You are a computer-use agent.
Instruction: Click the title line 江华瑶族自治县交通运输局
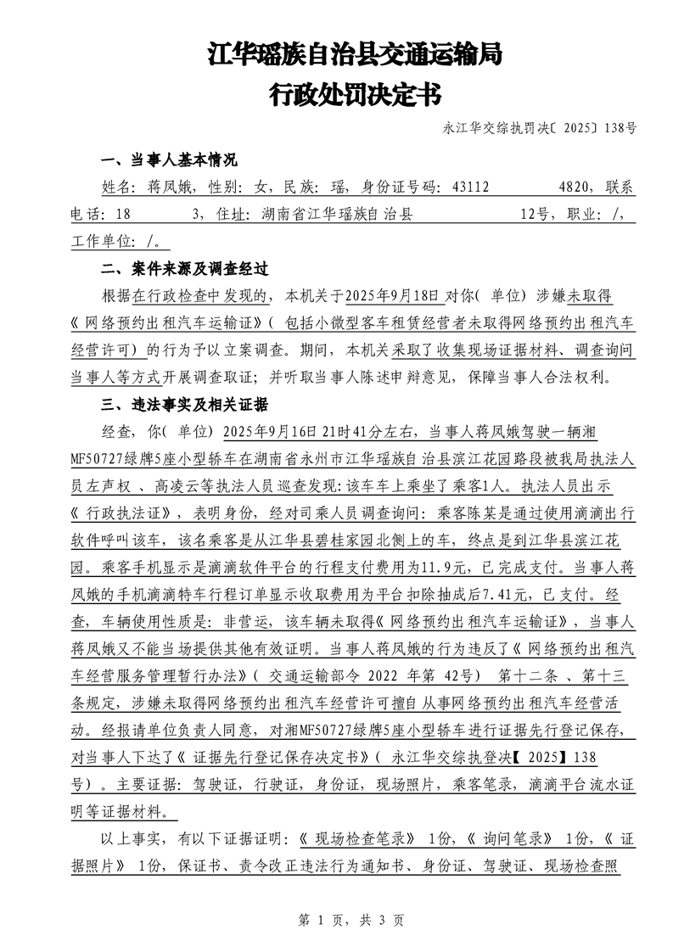coord(355,56)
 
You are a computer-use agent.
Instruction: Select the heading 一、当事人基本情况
coord(169,160)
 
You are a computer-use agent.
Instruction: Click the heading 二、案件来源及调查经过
coord(185,270)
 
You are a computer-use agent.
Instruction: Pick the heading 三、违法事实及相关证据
coord(185,404)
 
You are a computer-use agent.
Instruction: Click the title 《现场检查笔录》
coord(357,837)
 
